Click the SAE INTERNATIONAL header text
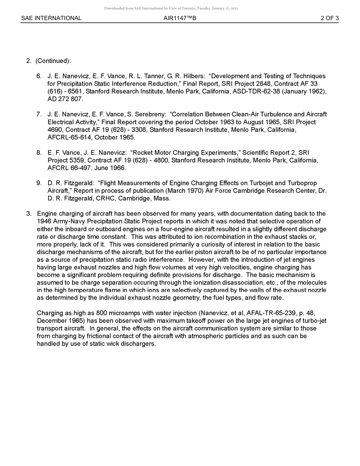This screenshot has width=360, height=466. pos(51,18)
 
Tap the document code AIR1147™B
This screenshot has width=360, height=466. pos(180,18)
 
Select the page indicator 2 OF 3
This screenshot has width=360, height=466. pos(329,18)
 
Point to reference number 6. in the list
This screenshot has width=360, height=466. pos(39,76)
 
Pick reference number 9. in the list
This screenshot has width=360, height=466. pos(39,183)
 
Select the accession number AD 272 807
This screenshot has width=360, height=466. pos(65,99)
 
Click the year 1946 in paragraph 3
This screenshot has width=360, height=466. pos(44,222)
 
